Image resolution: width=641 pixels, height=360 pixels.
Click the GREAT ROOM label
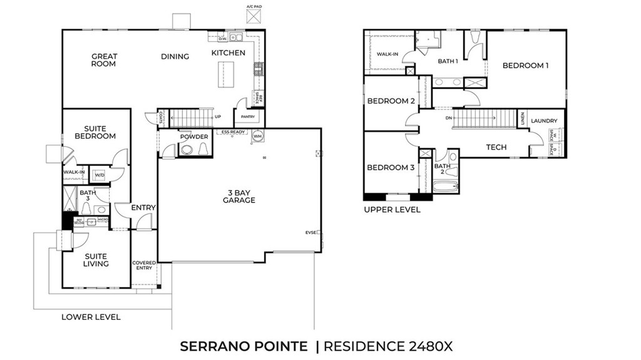[x=104, y=60]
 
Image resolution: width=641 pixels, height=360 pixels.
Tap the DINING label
[x=175, y=56]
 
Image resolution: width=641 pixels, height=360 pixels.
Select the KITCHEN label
[x=228, y=53]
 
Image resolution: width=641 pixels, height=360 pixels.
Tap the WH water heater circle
[x=258, y=135]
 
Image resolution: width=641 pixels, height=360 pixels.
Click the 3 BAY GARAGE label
[x=238, y=196]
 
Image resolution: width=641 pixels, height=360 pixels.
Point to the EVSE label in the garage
[x=311, y=232]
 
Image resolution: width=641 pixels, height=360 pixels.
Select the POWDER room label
[x=193, y=136]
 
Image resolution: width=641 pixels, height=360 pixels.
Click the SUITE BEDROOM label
[x=95, y=132]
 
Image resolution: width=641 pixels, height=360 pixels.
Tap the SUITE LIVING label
[x=96, y=260]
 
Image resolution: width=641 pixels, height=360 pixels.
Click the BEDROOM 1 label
[x=525, y=65]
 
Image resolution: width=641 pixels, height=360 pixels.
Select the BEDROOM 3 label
[x=391, y=167]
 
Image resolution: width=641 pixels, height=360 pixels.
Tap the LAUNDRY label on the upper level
[x=544, y=121]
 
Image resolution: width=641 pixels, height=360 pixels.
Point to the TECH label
[x=496, y=148]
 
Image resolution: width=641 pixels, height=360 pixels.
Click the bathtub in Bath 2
[x=445, y=187]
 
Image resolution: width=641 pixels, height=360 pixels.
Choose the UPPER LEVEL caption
[x=392, y=210]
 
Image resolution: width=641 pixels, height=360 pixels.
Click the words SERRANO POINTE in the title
[x=244, y=346]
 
